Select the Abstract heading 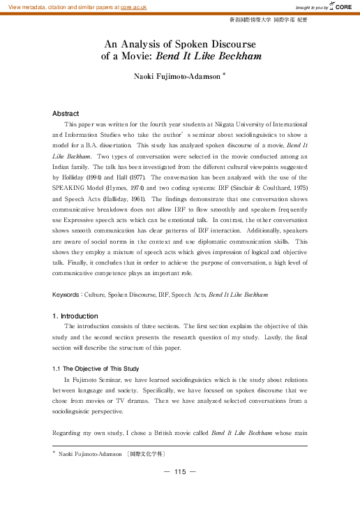(66, 113)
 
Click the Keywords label (68, 295)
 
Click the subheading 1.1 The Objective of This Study (96, 369)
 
